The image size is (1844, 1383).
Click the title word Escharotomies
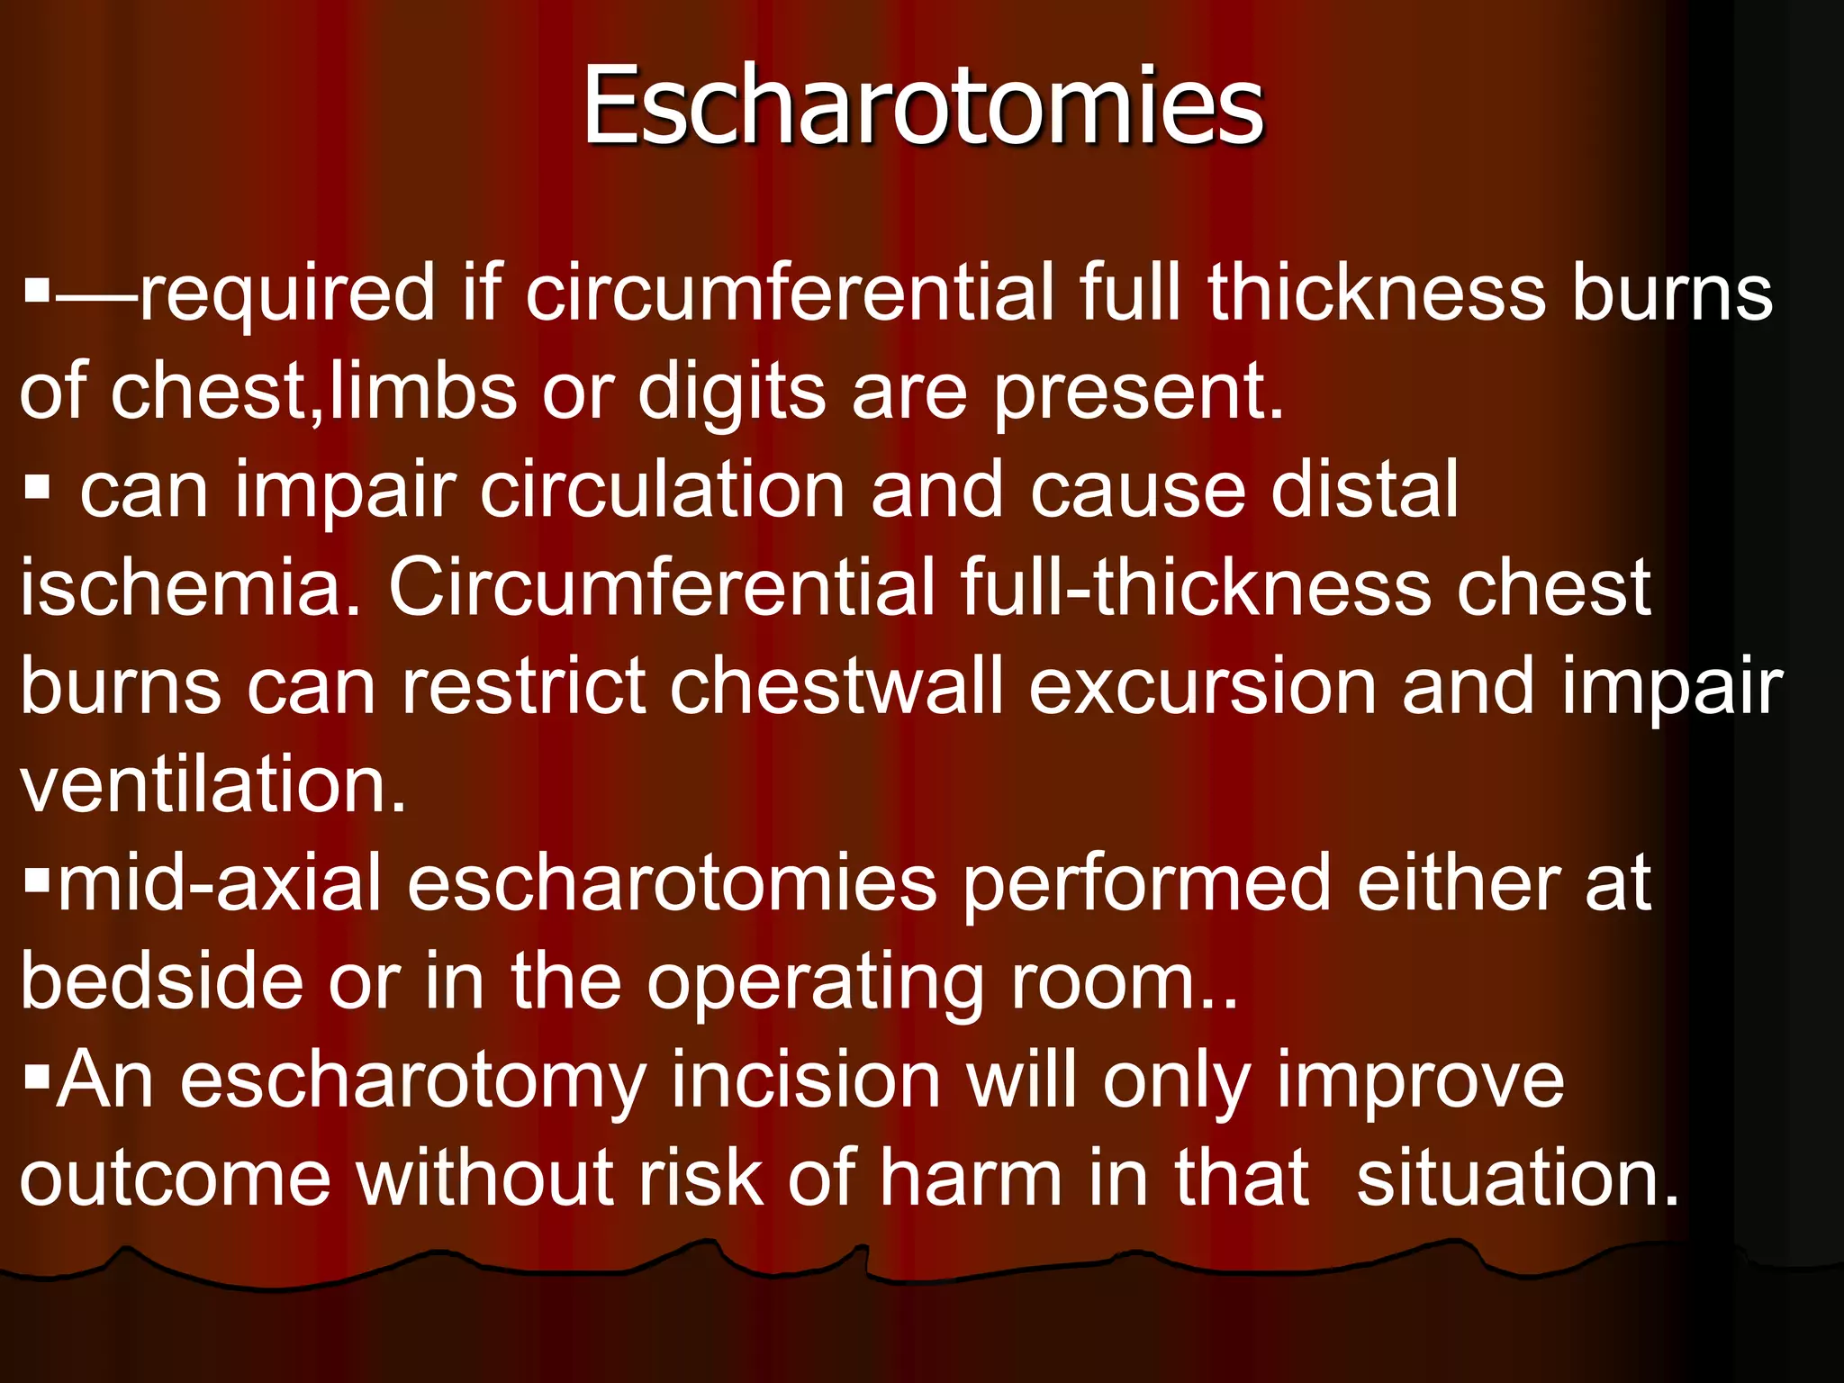click(923, 106)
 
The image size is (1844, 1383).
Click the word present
click(1138, 394)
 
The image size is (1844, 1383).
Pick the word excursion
click(1202, 687)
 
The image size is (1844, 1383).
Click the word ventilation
click(213, 785)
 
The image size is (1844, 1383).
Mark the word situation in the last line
click(1518, 1178)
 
